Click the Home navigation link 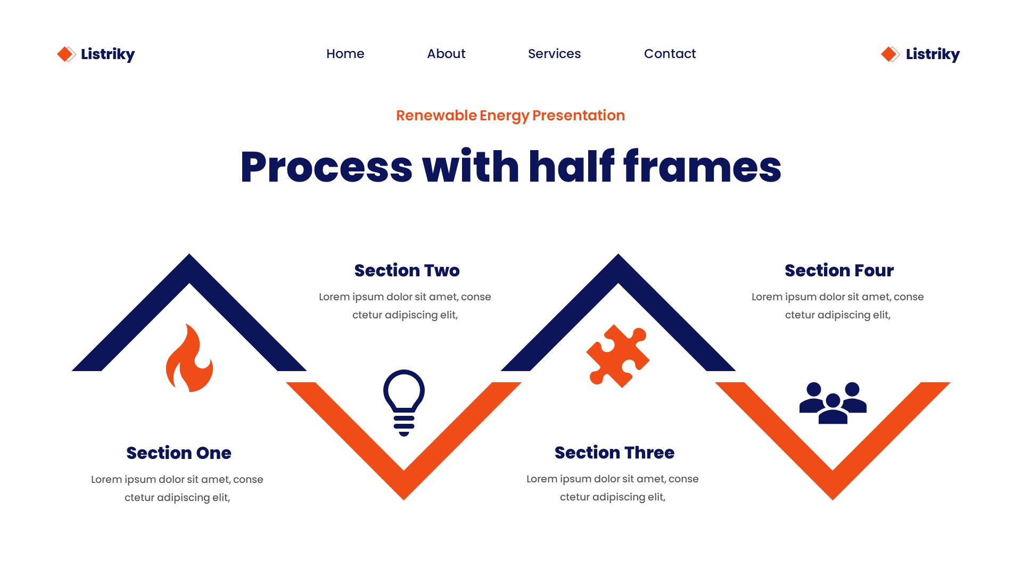point(345,54)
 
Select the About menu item point(446,54)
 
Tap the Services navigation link point(554,54)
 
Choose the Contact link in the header point(670,54)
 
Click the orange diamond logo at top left point(66,54)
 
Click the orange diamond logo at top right point(890,54)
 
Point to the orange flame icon point(189,359)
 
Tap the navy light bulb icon point(404,402)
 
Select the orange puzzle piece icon point(618,356)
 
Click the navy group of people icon point(833,402)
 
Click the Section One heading point(179,453)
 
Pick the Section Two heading point(407,270)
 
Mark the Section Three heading point(614,453)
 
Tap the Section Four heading point(839,270)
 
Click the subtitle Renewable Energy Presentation point(510,116)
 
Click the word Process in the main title point(326,167)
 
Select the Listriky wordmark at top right point(933,54)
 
